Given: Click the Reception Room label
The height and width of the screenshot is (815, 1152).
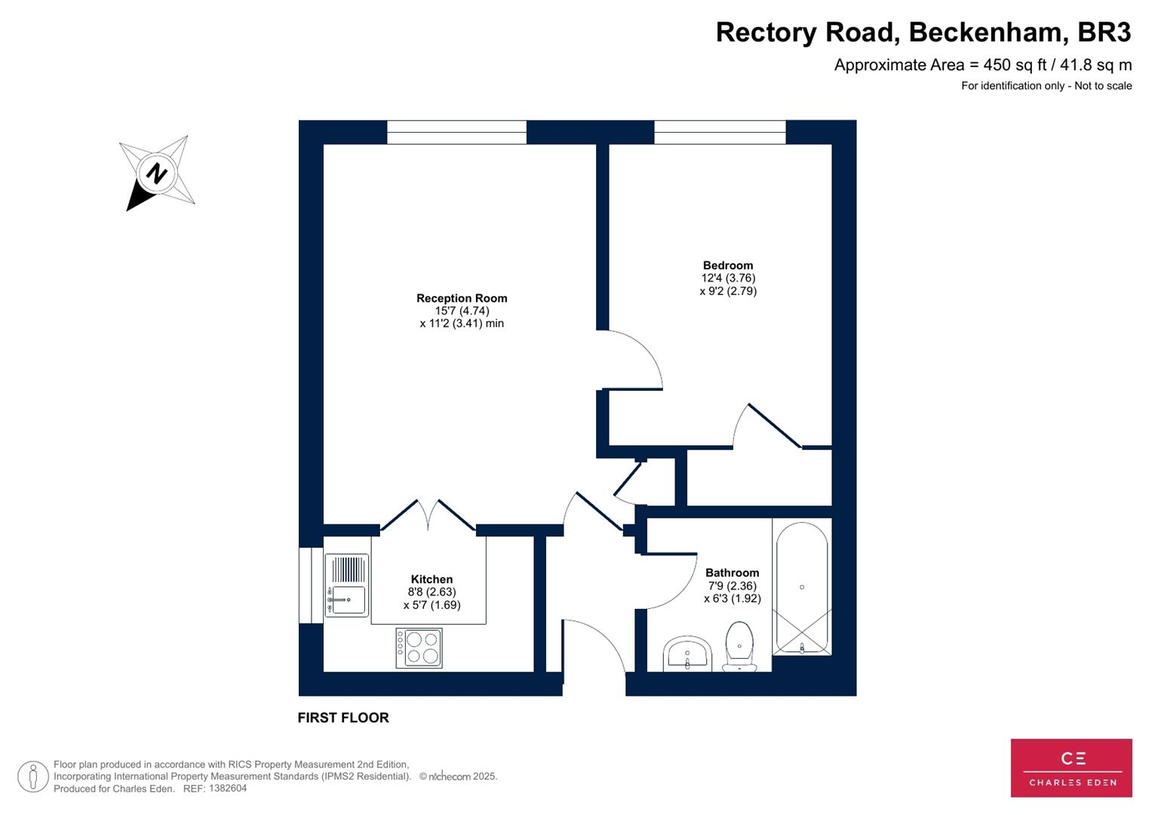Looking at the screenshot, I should point(462,298).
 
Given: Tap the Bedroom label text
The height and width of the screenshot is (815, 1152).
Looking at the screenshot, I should point(728,265).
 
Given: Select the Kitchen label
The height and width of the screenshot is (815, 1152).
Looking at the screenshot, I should point(432,580).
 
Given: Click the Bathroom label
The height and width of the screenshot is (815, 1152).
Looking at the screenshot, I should point(732,573).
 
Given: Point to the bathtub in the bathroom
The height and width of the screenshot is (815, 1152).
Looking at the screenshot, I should point(802,588).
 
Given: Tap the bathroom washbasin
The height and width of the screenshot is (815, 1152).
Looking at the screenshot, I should point(687,654).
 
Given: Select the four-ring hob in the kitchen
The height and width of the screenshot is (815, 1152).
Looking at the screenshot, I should point(419,648).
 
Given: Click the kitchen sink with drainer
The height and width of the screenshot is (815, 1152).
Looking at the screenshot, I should point(347,586).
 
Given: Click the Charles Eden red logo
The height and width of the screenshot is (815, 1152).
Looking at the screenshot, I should point(1071,767).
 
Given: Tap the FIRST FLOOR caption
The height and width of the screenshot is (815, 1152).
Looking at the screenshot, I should point(343,718).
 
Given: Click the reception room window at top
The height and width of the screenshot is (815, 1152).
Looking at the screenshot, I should point(456,132).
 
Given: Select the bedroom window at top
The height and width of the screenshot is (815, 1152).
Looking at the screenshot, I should point(720,132).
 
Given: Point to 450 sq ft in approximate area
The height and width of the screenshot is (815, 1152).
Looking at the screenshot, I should point(1013,65).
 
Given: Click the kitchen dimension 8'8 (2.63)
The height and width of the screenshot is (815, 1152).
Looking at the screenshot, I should point(432,592).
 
